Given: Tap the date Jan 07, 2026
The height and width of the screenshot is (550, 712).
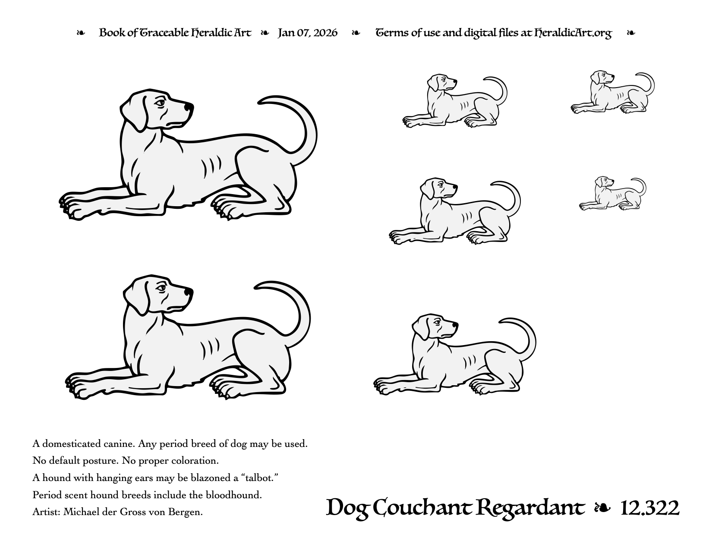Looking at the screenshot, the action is [307, 33].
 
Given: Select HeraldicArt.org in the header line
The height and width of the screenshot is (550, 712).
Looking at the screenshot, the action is [573, 33].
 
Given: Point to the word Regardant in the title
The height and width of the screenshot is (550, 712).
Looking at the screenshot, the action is [530, 509].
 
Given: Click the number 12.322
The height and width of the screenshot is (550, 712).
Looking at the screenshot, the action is [650, 509].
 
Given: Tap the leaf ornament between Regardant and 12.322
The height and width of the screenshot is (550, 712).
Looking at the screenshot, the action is [602, 508].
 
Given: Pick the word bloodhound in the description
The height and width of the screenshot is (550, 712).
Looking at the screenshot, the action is [233, 495].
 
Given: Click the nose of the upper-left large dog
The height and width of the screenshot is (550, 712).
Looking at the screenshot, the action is [189, 107].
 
